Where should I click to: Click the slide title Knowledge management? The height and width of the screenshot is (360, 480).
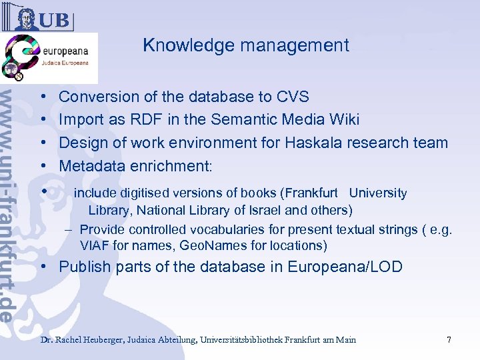(245, 45)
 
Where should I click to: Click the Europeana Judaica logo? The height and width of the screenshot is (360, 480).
(49, 58)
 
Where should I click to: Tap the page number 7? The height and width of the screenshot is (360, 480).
(449, 340)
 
